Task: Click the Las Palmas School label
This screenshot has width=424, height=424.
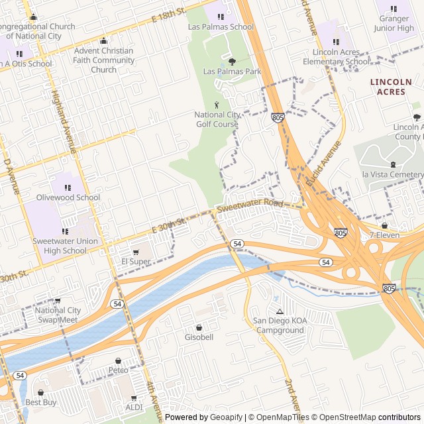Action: pyautogui.click(x=221, y=27)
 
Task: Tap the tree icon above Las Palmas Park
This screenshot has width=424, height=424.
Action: pyautogui.click(x=231, y=62)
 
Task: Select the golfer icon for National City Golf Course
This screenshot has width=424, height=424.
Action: pyautogui.click(x=217, y=105)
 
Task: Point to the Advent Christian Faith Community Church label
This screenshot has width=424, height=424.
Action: pyautogui.click(x=103, y=60)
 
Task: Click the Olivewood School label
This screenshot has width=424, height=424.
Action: pyautogui.click(x=68, y=197)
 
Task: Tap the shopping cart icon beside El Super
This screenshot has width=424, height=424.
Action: pyautogui.click(x=136, y=252)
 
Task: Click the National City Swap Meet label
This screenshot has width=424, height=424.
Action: pyautogui.click(x=56, y=315)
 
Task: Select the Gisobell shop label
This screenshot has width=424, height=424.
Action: pyautogui.click(x=199, y=337)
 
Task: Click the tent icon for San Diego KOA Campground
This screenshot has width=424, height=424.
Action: pyautogui.click(x=280, y=311)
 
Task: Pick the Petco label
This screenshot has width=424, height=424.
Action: pyautogui.click(x=119, y=370)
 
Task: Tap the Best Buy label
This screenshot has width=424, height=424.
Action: pyautogui.click(x=41, y=402)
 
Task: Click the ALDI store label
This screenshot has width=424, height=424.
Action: pyautogui.click(x=134, y=407)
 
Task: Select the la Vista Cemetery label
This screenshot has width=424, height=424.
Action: pyautogui.click(x=392, y=174)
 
